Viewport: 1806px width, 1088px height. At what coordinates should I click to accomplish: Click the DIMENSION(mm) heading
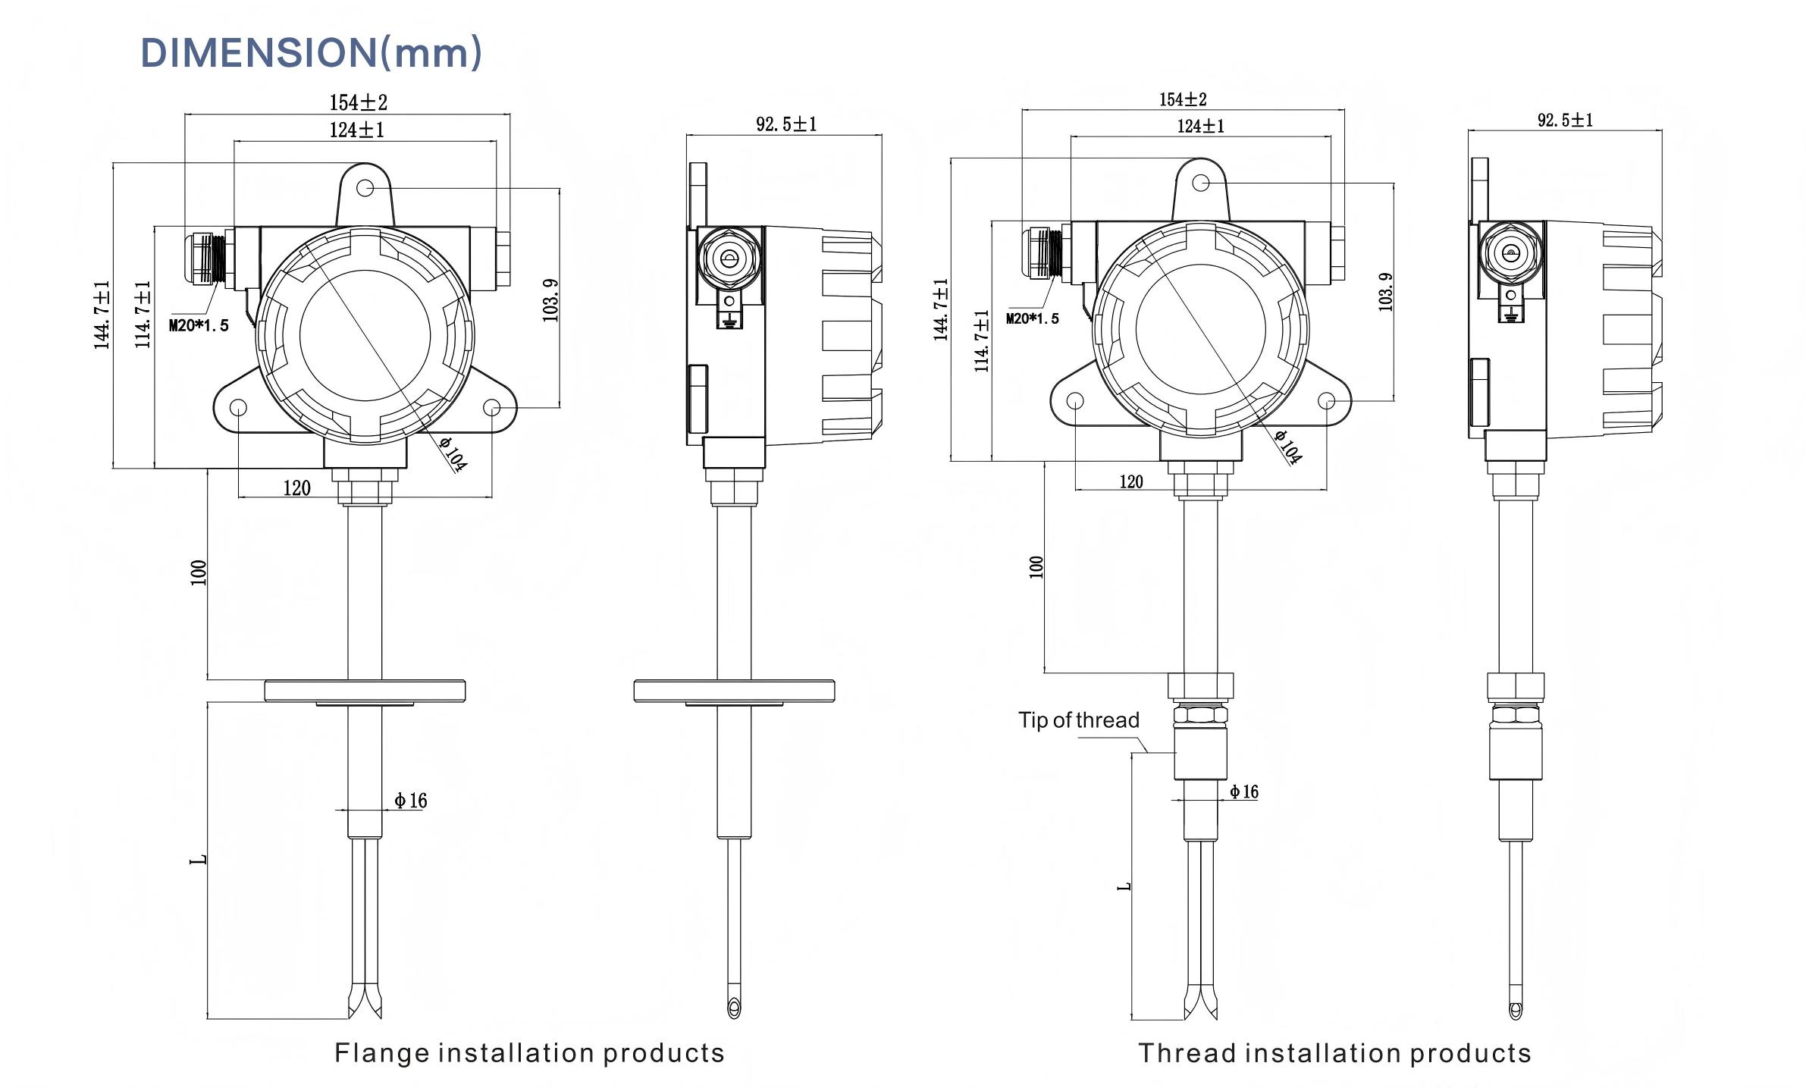311,52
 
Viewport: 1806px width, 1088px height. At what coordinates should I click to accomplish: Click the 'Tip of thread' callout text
1078,720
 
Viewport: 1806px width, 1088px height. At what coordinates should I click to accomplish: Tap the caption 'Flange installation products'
529,1053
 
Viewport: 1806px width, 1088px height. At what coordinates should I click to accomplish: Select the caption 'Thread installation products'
1334,1053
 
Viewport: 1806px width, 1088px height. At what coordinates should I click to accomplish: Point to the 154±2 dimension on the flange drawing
358,102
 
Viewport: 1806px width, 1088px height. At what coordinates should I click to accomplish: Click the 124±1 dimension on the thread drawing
1200,126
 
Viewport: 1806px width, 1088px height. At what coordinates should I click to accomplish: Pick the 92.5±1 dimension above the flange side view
786,124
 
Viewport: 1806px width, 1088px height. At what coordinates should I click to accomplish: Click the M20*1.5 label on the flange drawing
198,326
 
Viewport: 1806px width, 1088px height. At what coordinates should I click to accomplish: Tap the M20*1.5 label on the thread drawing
1032,318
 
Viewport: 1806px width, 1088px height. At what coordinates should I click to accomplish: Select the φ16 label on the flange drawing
411,801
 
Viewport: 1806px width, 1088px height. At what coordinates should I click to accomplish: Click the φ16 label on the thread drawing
1243,792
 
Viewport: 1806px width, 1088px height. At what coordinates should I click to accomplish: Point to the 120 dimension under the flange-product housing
296,488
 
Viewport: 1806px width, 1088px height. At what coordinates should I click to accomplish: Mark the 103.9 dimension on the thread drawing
1385,292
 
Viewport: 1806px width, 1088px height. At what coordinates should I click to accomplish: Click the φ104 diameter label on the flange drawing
453,454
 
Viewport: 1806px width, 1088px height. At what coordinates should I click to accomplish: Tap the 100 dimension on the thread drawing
1036,567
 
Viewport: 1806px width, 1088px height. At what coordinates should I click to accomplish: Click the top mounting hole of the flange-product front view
365,187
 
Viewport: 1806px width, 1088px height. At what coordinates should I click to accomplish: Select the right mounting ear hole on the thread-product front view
1326,400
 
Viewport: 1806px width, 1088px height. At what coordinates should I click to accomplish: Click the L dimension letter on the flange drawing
198,860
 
